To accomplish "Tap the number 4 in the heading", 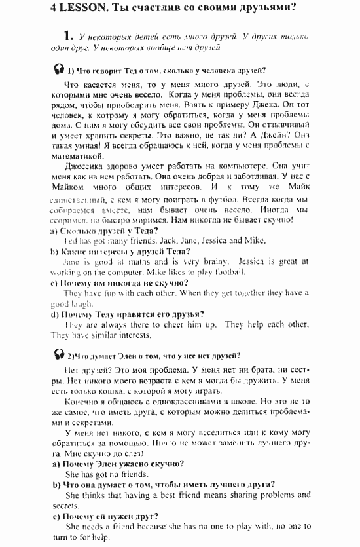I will [54, 9].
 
